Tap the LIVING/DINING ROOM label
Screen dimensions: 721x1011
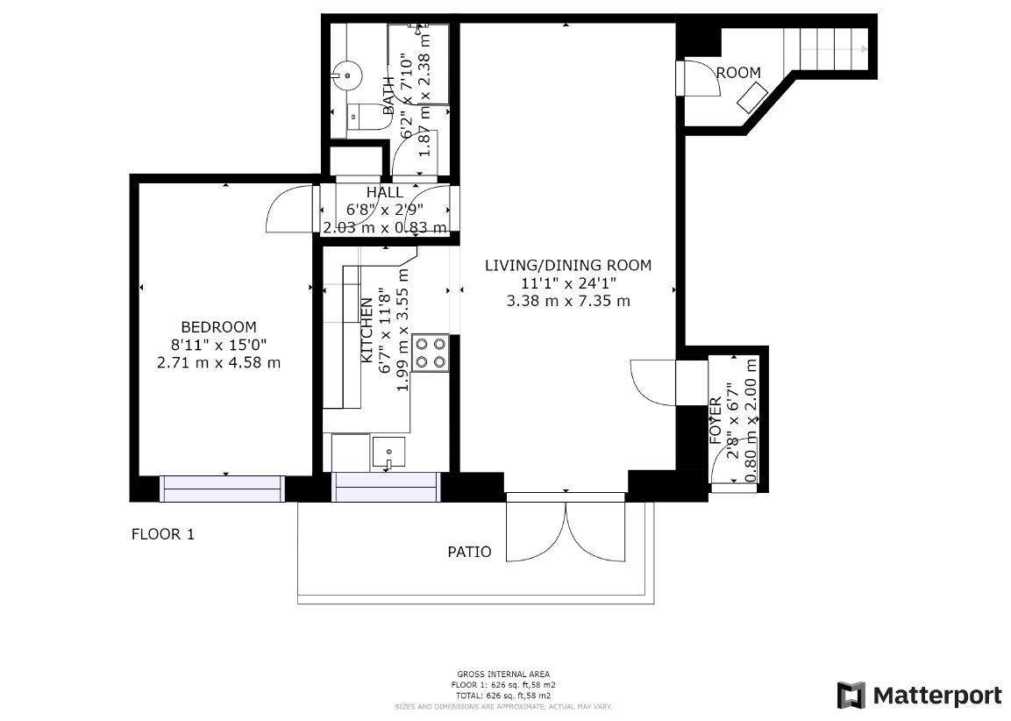pyautogui.click(x=568, y=265)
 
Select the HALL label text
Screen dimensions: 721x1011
pyautogui.click(x=385, y=192)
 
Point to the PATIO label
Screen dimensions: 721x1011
pyautogui.click(x=469, y=552)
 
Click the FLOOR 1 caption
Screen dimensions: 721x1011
pyautogui.click(x=162, y=534)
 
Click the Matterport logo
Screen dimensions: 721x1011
pyautogui.click(x=919, y=696)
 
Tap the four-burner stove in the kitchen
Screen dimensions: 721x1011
pyautogui.click(x=431, y=353)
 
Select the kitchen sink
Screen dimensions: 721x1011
pyautogui.click(x=388, y=453)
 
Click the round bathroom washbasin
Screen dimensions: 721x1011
pyautogui.click(x=348, y=75)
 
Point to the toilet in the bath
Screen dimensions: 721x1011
pyautogui.click(x=363, y=116)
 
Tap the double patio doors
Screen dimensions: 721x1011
pyautogui.click(x=566, y=530)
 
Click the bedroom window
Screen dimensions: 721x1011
pyautogui.click(x=223, y=488)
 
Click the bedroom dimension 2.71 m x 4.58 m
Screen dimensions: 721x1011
pyautogui.click(x=218, y=362)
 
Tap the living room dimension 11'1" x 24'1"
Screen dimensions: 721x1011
pyautogui.click(x=568, y=282)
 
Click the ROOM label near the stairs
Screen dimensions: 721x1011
pyautogui.click(x=738, y=73)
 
